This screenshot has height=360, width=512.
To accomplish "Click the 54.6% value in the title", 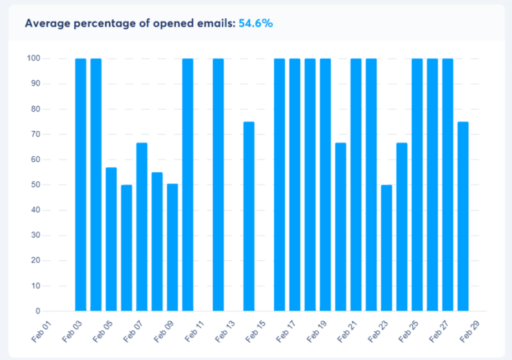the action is [x=255, y=23].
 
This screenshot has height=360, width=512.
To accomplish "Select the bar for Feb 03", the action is [x=81, y=185].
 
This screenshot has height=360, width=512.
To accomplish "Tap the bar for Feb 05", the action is [x=111, y=239].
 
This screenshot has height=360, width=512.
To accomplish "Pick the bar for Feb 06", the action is [x=127, y=248].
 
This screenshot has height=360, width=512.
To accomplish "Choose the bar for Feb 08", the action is [x=157, y=241].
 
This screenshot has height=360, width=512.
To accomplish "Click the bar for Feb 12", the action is [x=218, y=185].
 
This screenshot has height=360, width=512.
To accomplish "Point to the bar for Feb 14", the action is [x=249, y=217].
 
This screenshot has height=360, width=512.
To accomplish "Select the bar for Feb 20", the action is [x=341, y=227].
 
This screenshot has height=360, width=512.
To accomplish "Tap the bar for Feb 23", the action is [x=387, y=248].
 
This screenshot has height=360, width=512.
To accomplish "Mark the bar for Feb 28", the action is [x=463, y=217].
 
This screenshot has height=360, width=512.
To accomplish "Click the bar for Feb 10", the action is [x=188, y=185].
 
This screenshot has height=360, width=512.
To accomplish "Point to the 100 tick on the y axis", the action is [x=34, y=58].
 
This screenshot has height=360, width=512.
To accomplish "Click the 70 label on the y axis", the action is [x=36, y=134].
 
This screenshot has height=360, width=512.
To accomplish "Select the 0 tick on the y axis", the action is [x=38, y=311].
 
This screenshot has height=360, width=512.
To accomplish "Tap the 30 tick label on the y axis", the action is [x=36, y=235].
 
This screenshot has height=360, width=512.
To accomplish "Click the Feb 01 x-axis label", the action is [x=42, y=331].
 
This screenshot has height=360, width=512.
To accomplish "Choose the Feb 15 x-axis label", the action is [x=256, y=331].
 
